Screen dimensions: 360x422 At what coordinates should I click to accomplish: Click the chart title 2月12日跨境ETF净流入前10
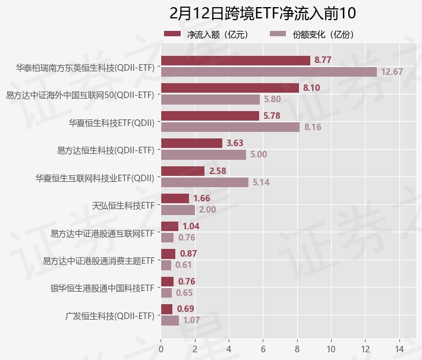262,13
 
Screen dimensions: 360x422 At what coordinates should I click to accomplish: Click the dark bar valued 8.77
235,60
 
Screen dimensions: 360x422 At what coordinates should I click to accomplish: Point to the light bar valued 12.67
269,72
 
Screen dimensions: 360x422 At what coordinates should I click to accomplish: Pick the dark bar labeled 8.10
230,88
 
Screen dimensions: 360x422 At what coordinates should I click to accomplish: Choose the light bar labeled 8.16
230,127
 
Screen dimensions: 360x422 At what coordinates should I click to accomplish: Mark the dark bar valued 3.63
191,143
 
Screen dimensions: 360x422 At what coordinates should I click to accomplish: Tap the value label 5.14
261,182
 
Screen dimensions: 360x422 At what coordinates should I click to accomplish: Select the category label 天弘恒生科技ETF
123,206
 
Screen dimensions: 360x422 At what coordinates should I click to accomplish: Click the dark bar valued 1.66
175,198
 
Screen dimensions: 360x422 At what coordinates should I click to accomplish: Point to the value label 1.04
191,226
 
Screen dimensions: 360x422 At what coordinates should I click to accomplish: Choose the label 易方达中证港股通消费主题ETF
99,261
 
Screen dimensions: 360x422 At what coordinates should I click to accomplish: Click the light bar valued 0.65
166,293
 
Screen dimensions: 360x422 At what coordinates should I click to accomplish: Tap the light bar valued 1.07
170,320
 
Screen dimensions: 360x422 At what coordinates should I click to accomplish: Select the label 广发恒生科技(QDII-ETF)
110,315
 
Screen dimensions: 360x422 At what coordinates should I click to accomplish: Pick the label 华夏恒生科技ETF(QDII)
112,123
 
